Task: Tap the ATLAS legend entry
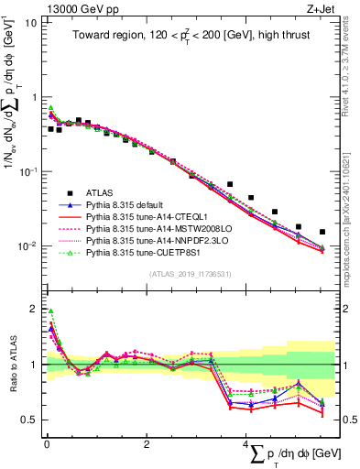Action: click(x=102, y=192)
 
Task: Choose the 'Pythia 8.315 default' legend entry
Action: click(x=129, y=205)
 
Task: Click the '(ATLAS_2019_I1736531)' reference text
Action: click(x=183, y=274)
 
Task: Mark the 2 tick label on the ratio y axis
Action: click(x=33, y=308)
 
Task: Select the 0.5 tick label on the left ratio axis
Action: click(x=28, y=420)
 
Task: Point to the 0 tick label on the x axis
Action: click(x=47, y=443)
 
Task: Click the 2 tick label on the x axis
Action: click(x=147, y=443)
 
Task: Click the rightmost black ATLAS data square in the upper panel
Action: click(x=322, y=233)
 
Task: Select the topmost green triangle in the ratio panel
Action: click(x=51, y=311)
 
